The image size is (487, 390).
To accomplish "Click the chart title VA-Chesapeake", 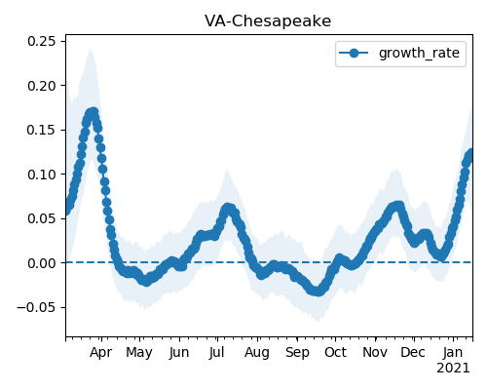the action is click(268, 21).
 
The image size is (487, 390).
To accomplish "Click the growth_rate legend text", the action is click(419, 53).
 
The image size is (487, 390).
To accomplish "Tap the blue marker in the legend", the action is click(354, 53).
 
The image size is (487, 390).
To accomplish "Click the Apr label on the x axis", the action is click(101, 352).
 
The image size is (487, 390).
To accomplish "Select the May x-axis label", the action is click(139, 352).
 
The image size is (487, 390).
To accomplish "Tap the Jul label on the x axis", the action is click(216, 352).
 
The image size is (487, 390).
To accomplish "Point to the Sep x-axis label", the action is click(297, 352).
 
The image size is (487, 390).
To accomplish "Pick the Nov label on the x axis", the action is click(375, 352).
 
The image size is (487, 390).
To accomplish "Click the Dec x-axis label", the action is click(413, 352).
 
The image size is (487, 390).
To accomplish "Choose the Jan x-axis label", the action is click(453, 352).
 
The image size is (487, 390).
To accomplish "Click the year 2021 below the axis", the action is click(453, 369).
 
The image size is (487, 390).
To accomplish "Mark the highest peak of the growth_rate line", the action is click(94, 113).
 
